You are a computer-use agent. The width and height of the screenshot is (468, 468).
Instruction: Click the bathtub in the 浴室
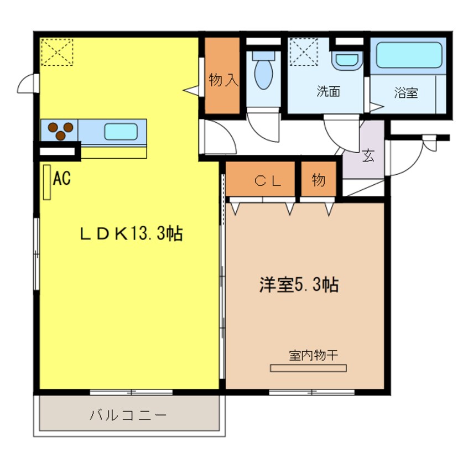[x=409, y=55]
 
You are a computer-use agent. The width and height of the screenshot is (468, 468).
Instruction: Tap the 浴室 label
[x=406, y=93]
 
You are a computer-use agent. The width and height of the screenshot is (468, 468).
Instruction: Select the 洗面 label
[x=327, y=92]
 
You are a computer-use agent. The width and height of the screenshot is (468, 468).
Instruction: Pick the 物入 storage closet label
[x=223, y=81]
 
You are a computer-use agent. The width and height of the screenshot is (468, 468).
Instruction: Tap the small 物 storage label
[x=318, y=180]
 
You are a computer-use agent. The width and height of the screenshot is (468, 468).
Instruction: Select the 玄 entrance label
[x=368, y=155]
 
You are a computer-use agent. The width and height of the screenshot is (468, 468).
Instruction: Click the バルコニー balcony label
[x=128, y=415]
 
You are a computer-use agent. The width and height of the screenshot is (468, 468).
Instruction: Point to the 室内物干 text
[x=313, y=355]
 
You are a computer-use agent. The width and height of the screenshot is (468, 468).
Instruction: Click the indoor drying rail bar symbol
[x=308, y=367]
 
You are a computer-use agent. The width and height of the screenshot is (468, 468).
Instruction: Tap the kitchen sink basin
[x=121, y=132]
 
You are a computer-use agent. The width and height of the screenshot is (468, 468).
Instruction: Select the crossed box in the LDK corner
[x=56, y=51]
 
